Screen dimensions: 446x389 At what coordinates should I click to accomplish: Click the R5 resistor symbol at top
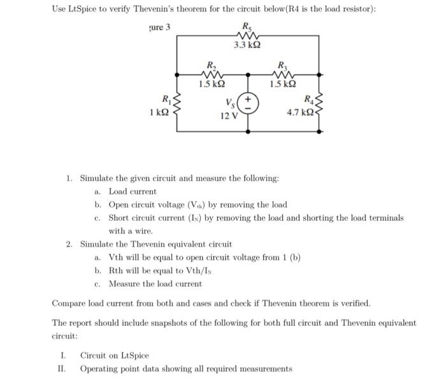(x=246, y=35)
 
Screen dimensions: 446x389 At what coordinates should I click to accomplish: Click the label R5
(x=247, y=26)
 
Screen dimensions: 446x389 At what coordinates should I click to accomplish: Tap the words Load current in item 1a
(x=132, y=191)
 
